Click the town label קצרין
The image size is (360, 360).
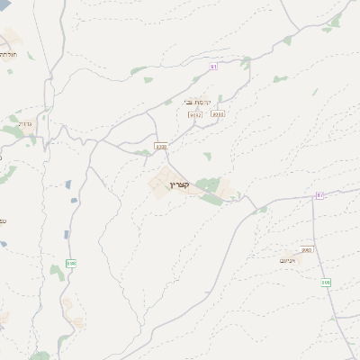[x=180, y=184]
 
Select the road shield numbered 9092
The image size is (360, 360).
[x=194, y=114]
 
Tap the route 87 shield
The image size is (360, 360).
[x=319, y=195]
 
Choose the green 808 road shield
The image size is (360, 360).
[x=326, y=283]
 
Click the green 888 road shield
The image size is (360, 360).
[x=71, y=264]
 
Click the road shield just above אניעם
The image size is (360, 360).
[x=306, y=249]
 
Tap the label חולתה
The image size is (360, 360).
[x=6, y=54]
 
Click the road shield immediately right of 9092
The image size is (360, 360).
[x=217, y=114]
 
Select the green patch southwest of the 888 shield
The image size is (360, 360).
[x=56, y=270]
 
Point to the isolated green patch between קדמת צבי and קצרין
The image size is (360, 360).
[x=207, y=156]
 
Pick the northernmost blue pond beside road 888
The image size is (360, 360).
[x=68, y=184]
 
